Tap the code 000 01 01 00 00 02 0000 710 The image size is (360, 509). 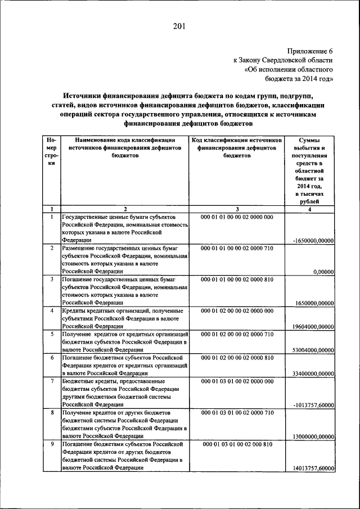tap(237, 248)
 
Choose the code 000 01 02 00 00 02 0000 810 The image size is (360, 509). tap(237, 357)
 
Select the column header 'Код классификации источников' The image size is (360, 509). tap(237, 139)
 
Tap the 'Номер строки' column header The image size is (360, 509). tap(51, 151)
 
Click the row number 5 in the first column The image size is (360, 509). tap(52, 334)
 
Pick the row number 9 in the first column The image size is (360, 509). tap(52, 444)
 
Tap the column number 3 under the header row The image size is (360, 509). tap(237, 209)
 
